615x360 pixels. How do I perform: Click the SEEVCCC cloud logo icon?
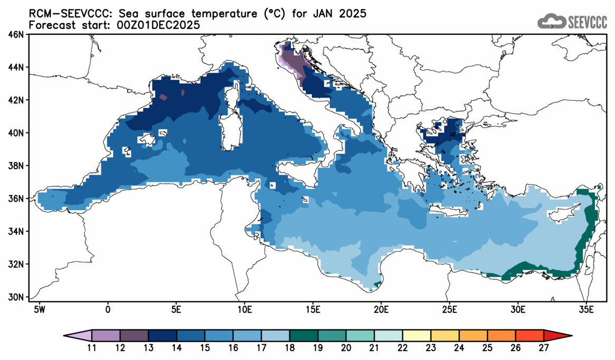click(x=551, y=21)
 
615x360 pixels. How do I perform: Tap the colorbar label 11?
click(x=92, y=348)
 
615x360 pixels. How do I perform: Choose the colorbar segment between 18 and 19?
click(x=304, y=336)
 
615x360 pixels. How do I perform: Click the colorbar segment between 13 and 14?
click(x=162, y=336)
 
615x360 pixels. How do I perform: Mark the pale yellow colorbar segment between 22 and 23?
click(x=417, y=336)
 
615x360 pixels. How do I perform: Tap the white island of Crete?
click(x=449, y=212)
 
